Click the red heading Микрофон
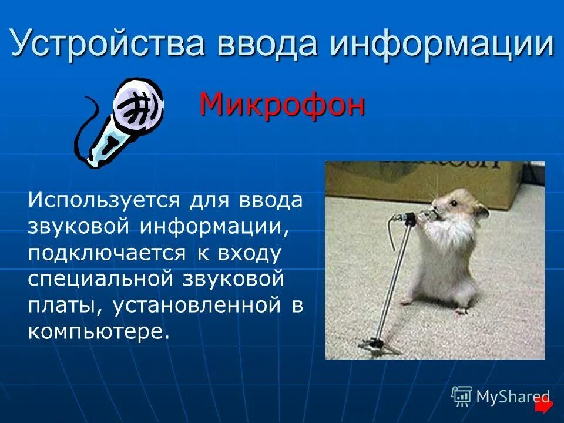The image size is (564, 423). pos(282,105)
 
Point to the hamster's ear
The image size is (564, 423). pos(481,210)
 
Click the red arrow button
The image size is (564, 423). pos(545,405)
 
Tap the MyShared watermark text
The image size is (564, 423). pos(512,397)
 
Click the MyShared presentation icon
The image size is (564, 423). pos(462,396)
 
